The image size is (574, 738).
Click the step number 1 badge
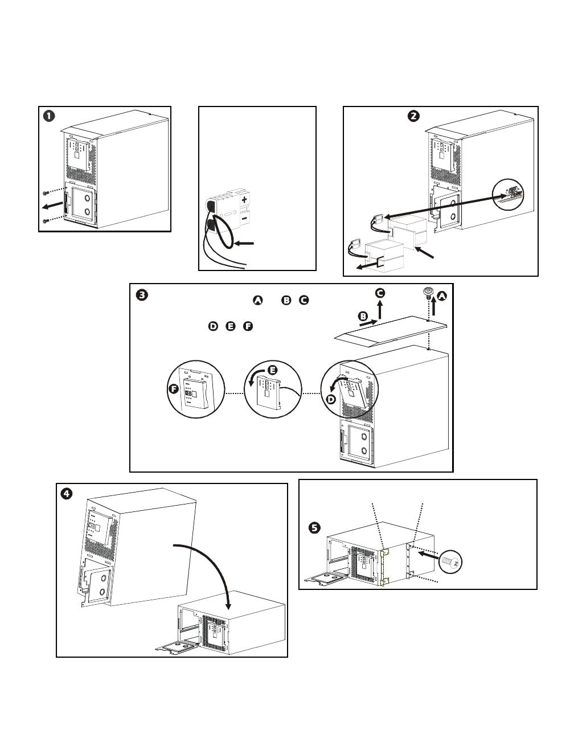(50, 115)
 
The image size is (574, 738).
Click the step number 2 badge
(414, 115)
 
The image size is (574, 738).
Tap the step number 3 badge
(142, 295)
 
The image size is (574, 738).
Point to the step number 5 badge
(314, 528)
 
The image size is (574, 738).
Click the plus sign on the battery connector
(244, 200)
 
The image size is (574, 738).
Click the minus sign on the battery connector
(244, 218)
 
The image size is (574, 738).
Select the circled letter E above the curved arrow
(272, 370)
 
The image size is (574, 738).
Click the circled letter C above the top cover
(380, 293)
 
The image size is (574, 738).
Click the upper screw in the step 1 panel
(46, 192)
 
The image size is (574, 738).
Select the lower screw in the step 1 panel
(46, 220)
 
